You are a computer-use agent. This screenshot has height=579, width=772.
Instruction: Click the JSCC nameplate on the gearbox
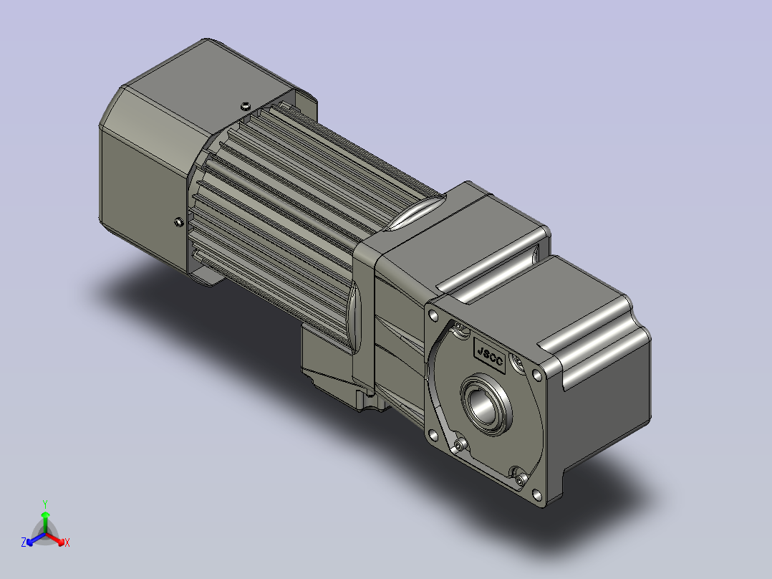pos(489,355)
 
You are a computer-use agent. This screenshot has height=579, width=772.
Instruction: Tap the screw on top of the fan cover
pos(245,106)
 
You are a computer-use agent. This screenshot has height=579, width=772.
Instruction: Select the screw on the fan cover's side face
pos(179,221)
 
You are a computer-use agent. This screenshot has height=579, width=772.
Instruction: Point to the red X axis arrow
pos(55,538)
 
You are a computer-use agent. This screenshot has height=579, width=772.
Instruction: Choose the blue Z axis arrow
pos(37,539)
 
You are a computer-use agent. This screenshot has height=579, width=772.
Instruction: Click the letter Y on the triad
pos(45,504)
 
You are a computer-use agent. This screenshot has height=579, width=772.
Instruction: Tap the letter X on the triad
pos(67,542)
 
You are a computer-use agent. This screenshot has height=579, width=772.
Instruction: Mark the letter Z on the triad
pos(24,542)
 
